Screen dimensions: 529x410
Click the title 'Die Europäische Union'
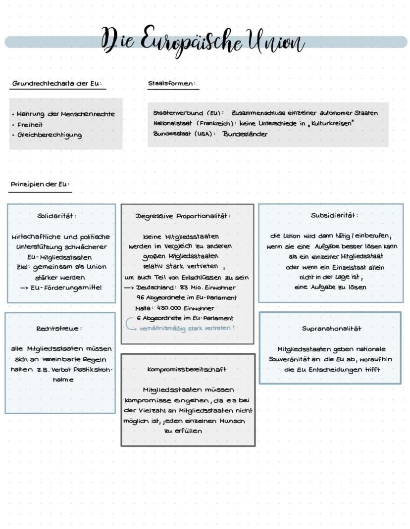(x=203, y=41)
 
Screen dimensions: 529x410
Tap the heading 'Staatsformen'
(x=171, y=84)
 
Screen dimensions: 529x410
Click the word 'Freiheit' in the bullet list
(x=30, y=125)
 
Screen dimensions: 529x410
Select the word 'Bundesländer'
(x=245, y=134)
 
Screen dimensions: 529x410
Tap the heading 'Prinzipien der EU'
(x=40, y=185)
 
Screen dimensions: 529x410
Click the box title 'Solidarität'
(x=56, y=216)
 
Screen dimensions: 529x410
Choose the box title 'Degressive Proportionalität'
(x=183, y=216)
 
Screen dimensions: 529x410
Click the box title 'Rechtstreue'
(x=58, y=329)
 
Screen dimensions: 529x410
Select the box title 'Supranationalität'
(x=331, y=329)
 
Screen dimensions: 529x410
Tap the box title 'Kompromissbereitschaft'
(x=187, y=369)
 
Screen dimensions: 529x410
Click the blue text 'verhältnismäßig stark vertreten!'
(x=187, y=328)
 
